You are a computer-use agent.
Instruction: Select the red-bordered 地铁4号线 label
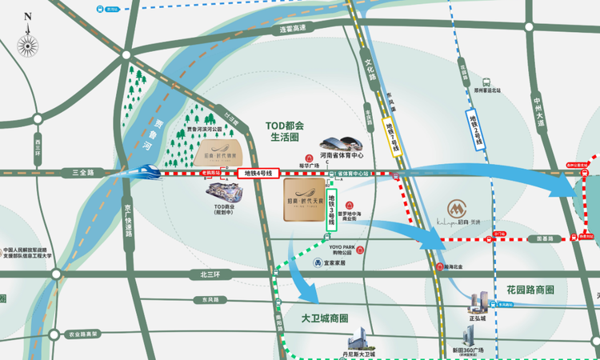click(x=258, y=173)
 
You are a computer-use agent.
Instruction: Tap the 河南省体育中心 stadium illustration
click(x=342, y=144)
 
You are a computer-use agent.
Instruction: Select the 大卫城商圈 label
click(x=324, y=318)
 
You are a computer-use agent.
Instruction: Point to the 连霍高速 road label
click(x=293, y=29)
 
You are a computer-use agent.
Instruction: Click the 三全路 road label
click(x=82, y=172)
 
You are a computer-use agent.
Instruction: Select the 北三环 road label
click(x=198, y=275)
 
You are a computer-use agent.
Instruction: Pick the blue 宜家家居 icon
click(x=318, y=262)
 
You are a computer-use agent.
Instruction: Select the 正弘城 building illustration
click(x=478, y=302)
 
